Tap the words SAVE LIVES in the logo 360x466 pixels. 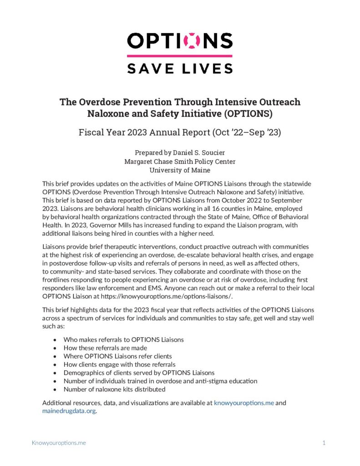click(x=180, y=68)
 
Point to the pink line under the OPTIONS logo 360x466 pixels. click(x=180, y=56)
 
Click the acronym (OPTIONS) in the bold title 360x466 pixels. click(x=271, y=114)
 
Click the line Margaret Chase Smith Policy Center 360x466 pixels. click(x=180, y=161)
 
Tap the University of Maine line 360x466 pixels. click(x=180, y=170)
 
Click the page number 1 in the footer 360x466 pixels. click(x=324, y=442)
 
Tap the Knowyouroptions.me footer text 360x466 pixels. click(x=59, y=442)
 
